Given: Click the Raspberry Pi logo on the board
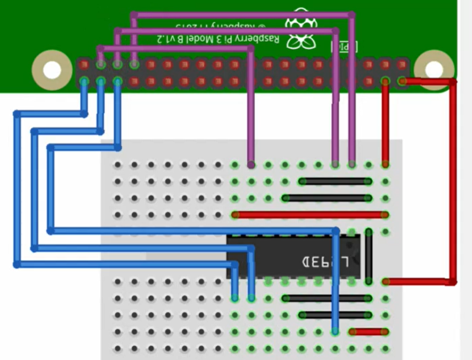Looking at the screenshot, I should tap(300, 32).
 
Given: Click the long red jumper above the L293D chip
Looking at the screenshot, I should tap(310, 215).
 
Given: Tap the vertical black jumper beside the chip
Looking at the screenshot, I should tap(369, 256).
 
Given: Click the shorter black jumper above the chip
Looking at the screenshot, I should tap(335, 182).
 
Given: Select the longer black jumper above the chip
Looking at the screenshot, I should tap(326, 198).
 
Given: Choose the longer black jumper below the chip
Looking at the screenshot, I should tap(326, 298).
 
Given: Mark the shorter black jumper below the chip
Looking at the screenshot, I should tap(335, 315).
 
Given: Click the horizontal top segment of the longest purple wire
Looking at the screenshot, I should tap(244, 14).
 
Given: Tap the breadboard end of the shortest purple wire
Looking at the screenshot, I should tap(251, 164).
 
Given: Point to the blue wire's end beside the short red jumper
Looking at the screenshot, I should tap(336, 331).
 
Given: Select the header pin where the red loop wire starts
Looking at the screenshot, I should tap(403, 81).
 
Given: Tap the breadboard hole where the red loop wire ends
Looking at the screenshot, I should tap(386, 282).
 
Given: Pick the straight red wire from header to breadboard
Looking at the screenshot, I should tap(386, 122).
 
